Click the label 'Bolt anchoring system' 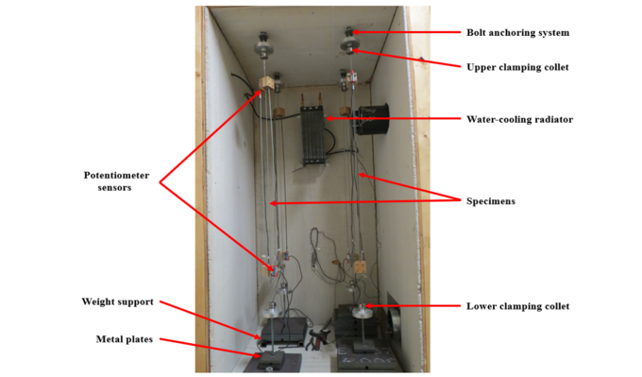(x=517, y=32)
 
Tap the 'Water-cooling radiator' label (x=520, y=119)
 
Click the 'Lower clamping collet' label (x=517, y=305)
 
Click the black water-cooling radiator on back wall (x=313, y=134)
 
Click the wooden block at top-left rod (x=266, y=86)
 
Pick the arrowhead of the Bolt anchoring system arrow (x=354, y=32)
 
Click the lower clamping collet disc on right (x=361, y=312)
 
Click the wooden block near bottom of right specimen (x=359, y=267)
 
